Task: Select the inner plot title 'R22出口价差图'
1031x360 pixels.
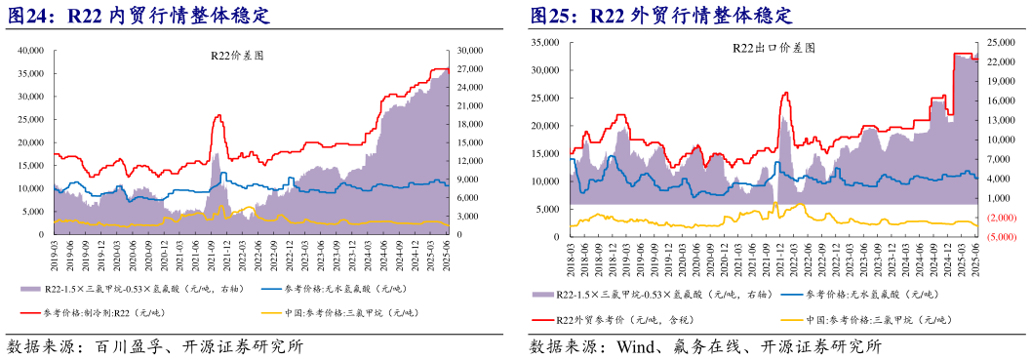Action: [x=773, y=47]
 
